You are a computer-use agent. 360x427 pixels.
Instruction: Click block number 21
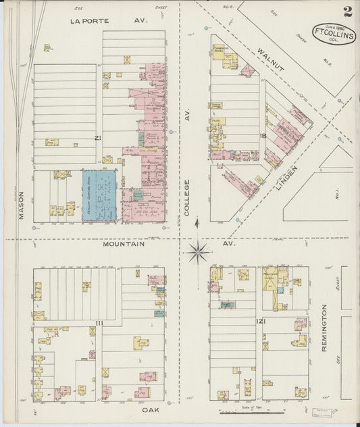(x=98, y=137)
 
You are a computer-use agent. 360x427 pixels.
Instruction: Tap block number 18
(x=261, y=137)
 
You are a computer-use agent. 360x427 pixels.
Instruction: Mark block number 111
(x=99, y=324)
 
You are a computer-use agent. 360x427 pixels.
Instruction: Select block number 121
(x=260, y=322)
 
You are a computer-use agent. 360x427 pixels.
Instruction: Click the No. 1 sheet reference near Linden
(x=336, y=197)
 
